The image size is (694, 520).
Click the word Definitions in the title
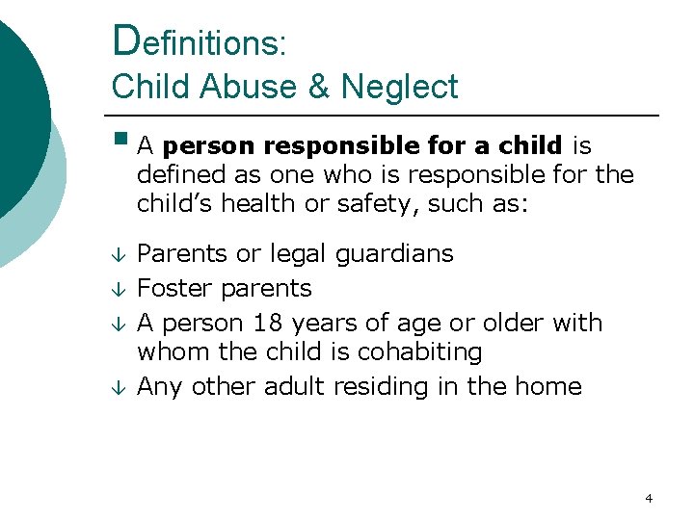(x=198, y=42)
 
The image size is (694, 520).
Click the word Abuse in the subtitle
(x=255, y=87)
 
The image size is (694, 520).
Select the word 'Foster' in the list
(x=175, y=288)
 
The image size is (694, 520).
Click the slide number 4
(x=649, y=498)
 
